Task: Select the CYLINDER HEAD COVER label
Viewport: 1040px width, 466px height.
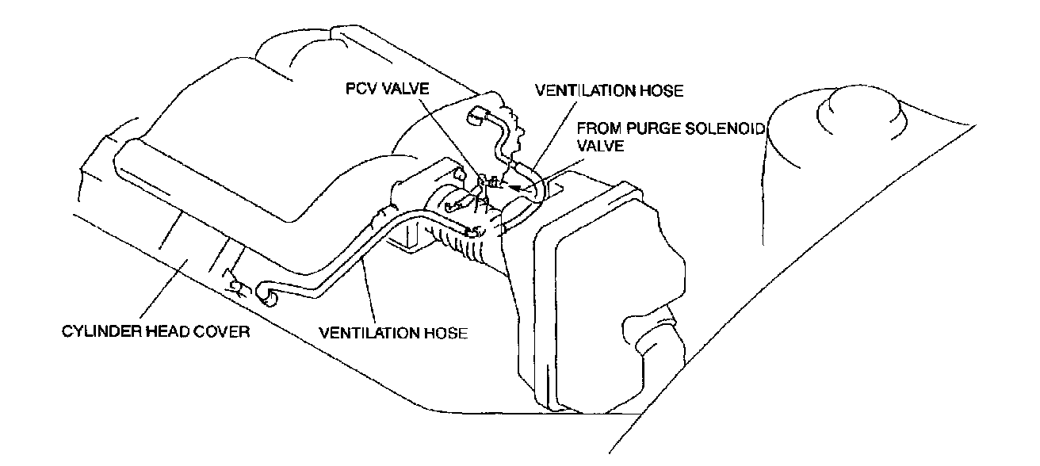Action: click(156, 331)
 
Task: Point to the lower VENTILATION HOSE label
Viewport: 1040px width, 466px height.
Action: click(393, 332)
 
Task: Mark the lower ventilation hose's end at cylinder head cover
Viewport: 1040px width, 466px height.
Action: click(264, 296)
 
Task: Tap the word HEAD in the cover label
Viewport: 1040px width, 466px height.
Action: click(165, 331)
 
